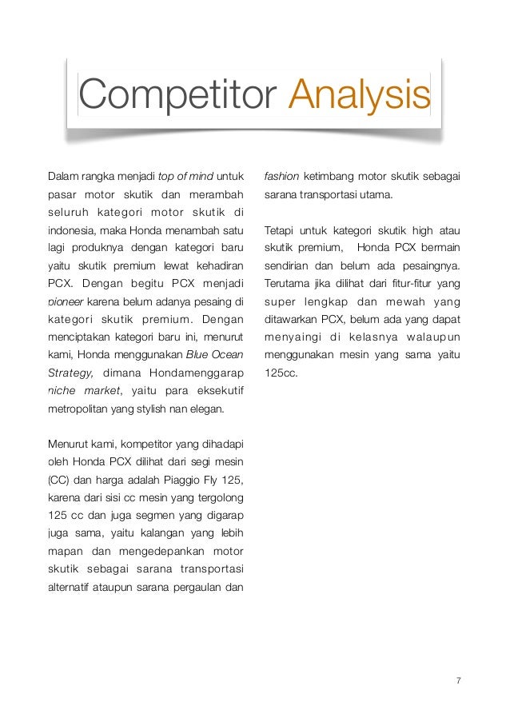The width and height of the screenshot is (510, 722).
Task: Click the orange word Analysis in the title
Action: pos(360,96)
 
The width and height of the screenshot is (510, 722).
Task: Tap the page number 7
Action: pos(458,681)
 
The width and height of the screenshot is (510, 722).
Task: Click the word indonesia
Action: pos(73,231)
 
